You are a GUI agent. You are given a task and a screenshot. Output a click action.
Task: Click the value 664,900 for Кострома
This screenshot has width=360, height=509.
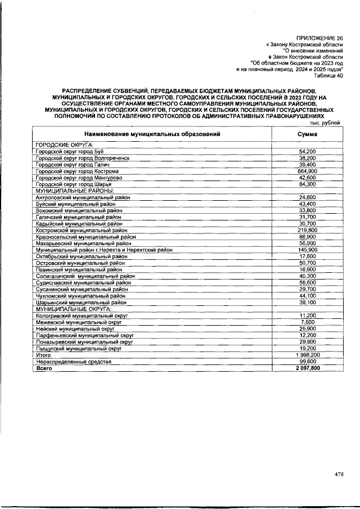pyautogui.click(x=307, y=171)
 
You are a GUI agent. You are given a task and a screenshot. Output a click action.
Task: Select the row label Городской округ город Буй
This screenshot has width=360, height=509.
pyautogui.click(x=65, y=152)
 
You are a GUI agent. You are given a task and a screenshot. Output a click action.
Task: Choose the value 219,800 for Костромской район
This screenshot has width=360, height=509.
pyautogui.click(x=307, y=230)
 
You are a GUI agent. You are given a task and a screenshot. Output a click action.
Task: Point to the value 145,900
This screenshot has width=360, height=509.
pyautogui.click(x=307, y=250)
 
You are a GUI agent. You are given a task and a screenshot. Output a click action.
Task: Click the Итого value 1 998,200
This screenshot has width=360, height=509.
pyautogui.click(x=307, y=355)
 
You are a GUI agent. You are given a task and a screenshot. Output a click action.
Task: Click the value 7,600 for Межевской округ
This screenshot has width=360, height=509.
pyautogui.click(x=307, y=322)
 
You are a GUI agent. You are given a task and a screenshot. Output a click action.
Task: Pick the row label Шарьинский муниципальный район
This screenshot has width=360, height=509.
pyautogui.click(x=80, y=302)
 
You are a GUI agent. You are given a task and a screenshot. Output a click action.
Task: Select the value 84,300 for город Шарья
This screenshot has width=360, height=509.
pyautogui.click(x=307, y=184)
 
